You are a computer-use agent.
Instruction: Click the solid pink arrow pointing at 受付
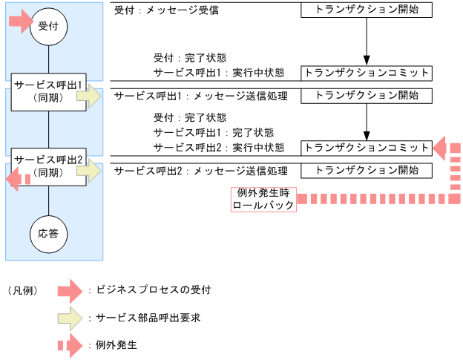(20, 22)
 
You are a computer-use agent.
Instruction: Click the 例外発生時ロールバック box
(263, 199)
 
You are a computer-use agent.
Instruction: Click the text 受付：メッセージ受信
(167, 11)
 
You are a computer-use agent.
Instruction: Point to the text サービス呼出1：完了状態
(203, 133)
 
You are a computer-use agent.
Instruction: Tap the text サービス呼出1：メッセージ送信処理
(199, 96)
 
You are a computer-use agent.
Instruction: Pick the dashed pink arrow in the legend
(70, 345)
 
